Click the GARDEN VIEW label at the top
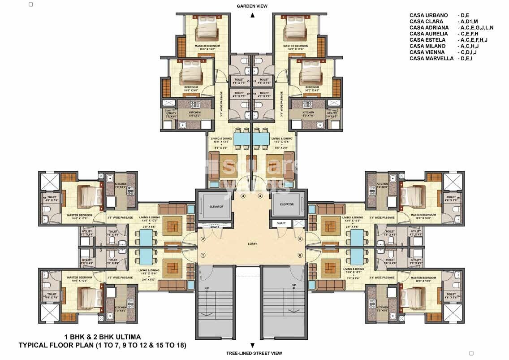tap(253, 6)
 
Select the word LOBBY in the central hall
tap(252, 244)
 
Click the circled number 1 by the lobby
tap(203, 255)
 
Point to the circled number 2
tap(203, 239)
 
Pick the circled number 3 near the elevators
tap(243, 196)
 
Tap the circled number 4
tap(260, 196)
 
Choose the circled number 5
tap(300, 239)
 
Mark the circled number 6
tap(300, 255)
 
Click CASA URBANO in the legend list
tap(428, 15)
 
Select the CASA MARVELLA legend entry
tap(431, 58)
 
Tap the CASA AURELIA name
tap(428, 34)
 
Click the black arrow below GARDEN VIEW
tap(253, 15)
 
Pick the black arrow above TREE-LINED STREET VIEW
tap(253, 345)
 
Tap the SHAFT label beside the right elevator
tap(281, 223)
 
